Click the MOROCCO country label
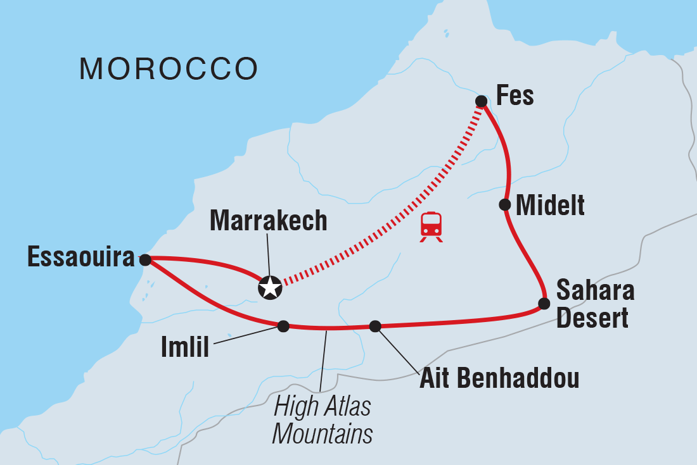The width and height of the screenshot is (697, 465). tap(169, 68)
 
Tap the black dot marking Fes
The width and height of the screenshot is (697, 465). tap(482, 101)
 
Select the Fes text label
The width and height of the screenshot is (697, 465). tap(515, 96)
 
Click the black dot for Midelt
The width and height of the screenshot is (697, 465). tap(505, 204)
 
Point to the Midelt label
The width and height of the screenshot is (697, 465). tap(550, 205)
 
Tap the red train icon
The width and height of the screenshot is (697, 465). tap(432, 225)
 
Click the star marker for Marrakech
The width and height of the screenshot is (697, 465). tap(270, 288)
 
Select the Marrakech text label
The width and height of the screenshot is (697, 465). tap(268, 220)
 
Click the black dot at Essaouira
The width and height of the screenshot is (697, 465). tap(145, 259)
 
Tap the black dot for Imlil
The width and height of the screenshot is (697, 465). tap(283, 326)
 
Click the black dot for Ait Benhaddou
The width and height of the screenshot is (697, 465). tap(375, 326)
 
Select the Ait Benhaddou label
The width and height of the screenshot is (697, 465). tap(499, 379)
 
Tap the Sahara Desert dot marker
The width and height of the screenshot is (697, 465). tap(544, 303)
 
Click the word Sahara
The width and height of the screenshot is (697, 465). tap(595, 292)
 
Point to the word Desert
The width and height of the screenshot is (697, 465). tap(592, 318)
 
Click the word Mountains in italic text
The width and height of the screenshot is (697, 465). tap(322, 435)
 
